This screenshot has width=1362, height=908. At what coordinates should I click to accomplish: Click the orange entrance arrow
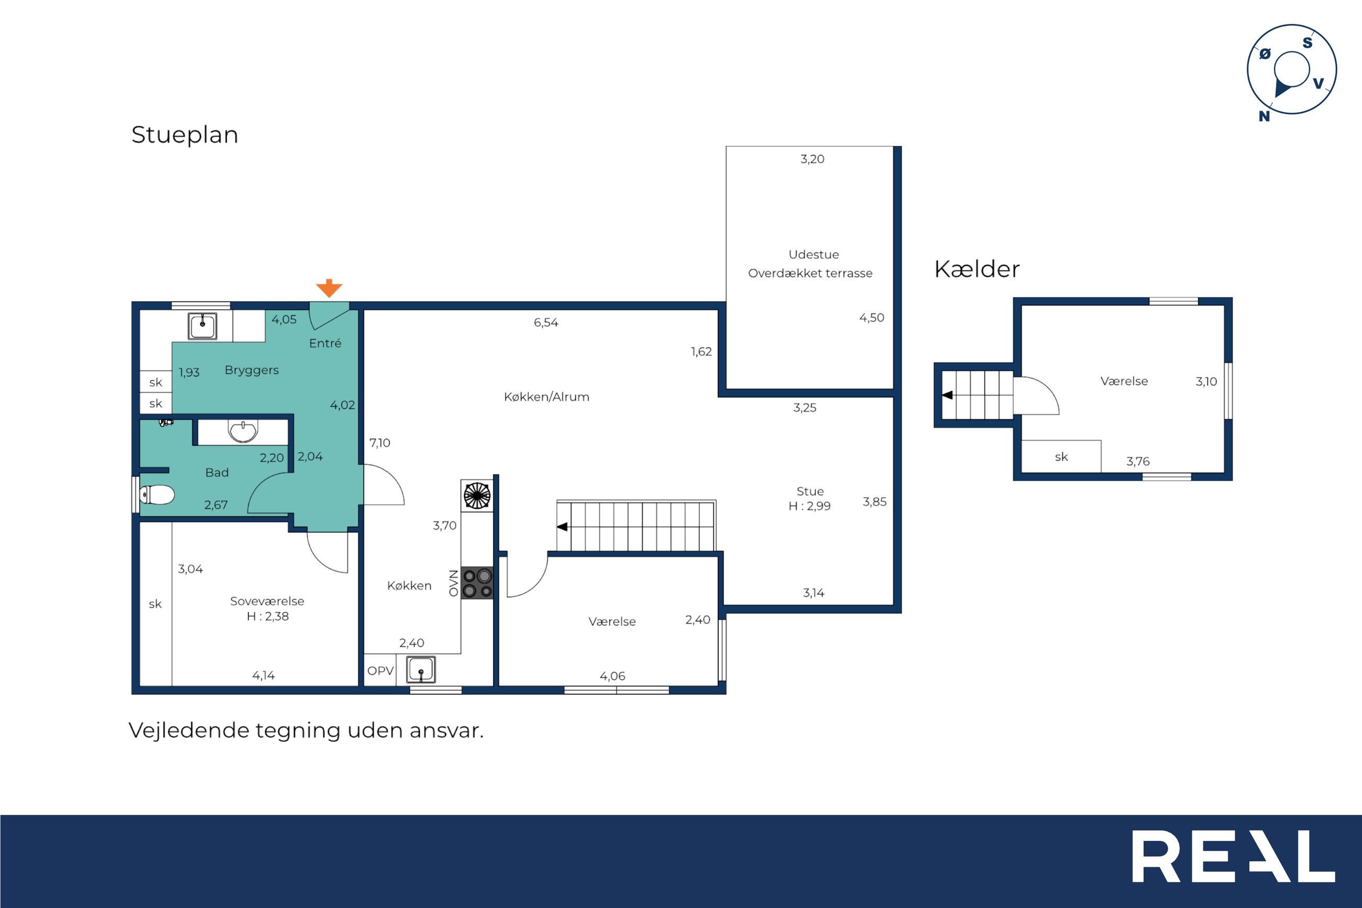tap(329, 288)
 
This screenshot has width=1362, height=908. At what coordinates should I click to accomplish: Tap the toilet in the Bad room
tap(157, 495)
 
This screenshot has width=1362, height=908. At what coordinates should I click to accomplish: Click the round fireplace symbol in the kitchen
tap(477, 496)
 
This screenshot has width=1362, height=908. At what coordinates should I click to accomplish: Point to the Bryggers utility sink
tap(203, 326)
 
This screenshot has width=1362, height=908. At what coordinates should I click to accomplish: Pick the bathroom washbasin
tap(243, 431)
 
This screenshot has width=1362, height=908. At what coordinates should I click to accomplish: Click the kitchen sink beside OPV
tap(421, 670)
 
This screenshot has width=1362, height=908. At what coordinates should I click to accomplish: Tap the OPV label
tap(380, 671)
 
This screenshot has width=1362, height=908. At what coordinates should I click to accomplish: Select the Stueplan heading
tap(184, 135)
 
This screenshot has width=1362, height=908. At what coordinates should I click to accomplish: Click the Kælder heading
tap(976, 269)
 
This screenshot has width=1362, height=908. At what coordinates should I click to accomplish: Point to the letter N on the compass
tap(1264, 116)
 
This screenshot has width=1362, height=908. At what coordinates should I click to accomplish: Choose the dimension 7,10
tap(380, 443)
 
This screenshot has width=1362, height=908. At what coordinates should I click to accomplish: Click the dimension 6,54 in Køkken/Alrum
tap(546, 323)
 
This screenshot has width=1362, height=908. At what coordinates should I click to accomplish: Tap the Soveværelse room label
tap(267, 601)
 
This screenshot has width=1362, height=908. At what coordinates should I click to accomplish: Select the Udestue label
tap(813, 254)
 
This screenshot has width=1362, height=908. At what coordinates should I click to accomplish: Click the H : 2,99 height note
tap(809, 506)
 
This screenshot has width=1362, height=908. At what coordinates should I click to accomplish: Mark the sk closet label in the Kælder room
tap(1061, 457)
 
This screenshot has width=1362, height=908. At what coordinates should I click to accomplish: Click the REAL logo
tap(1233, 856)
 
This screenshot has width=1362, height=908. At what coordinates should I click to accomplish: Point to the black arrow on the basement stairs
tap(948, 395)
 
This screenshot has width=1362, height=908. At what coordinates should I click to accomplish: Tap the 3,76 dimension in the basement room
tap(1137, 462)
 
